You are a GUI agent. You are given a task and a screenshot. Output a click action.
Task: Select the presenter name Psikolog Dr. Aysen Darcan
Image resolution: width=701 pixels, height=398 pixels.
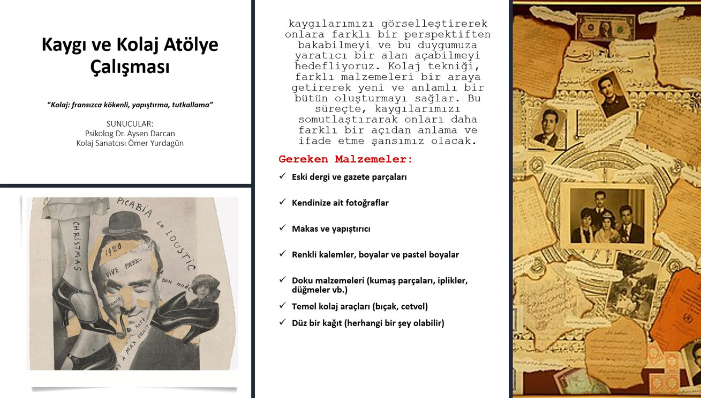click(x=130, y=133)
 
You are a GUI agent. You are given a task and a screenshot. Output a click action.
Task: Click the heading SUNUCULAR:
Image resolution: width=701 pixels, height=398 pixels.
click(x=130, y=123)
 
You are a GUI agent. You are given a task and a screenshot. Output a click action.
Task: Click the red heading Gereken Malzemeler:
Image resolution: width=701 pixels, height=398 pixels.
click(x=346, y=159)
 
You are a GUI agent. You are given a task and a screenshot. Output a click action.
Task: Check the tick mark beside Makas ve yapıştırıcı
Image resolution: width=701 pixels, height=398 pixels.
click(x=282, y=228)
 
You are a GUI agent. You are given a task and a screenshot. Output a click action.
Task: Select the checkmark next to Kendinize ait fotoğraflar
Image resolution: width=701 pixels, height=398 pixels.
click(x=282, y=202)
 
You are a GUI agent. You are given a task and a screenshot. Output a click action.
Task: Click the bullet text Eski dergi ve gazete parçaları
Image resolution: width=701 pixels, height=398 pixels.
click(x=349, y=176)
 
